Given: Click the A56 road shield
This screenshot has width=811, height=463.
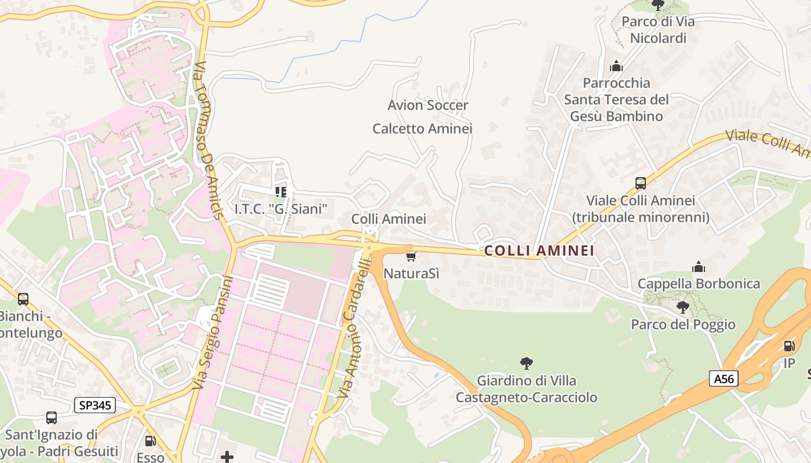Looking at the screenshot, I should pos(724,379).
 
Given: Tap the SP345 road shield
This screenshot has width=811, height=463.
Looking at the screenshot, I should pos(94,405).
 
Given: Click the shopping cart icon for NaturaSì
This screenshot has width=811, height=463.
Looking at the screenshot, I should pos(411,256).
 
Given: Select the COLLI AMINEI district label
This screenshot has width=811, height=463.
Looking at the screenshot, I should pos(539,251).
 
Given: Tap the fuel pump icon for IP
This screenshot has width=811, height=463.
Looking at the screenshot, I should pos(789,346).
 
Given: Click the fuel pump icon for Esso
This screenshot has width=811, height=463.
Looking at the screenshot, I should pos(150,441).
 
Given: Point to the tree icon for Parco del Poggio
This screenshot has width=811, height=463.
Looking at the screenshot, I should pos(683,307).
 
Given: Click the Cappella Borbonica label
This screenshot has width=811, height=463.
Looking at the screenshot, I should pos(699,284).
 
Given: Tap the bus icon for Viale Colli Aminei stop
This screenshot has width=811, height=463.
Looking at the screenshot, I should pos(640,183).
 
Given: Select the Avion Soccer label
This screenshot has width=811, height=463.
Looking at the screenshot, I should pos(428,105).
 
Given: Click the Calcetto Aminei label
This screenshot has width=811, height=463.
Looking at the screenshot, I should pos(422,128).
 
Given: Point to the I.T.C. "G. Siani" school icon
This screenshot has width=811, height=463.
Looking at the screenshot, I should pos(281,192).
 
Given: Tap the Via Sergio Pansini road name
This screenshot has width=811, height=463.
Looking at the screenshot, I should pos(213,333).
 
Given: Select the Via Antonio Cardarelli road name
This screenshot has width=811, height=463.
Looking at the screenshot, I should pos(355,329).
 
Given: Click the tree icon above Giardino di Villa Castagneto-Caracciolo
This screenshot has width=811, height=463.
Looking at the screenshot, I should pos(526,363).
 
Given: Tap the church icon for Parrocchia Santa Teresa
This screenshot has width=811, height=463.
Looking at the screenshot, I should pos(616,66).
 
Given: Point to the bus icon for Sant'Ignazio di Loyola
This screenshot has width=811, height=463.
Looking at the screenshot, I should pos(52,417).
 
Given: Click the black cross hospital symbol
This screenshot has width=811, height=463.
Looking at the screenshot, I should pos(227,457).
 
